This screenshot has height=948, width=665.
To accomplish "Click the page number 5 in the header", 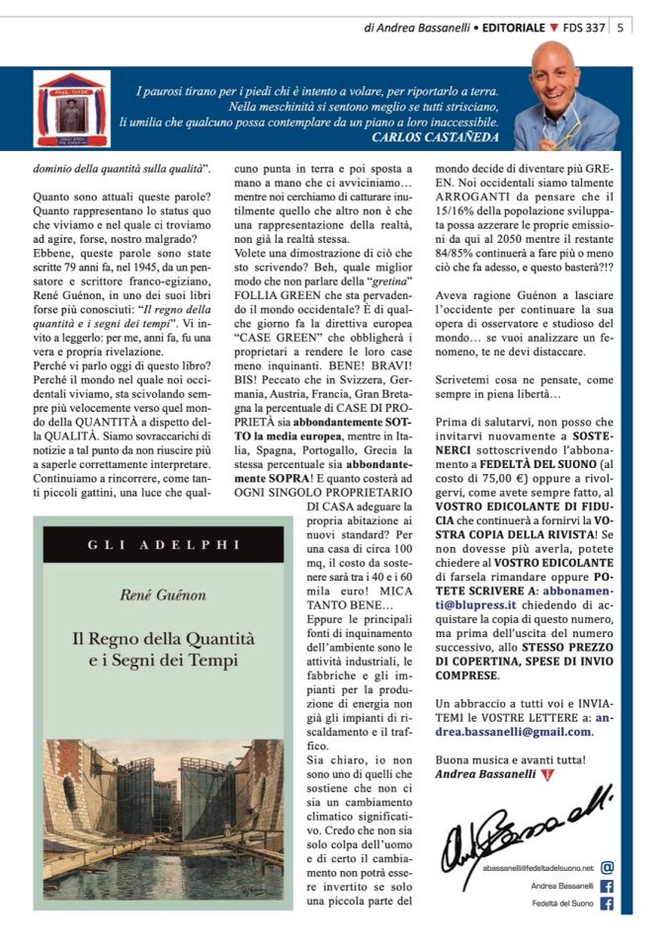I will click(620, 28).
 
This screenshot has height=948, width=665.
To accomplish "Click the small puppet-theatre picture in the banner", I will click(73, 109).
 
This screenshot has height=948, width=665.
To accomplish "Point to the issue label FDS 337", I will click(582, 28).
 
